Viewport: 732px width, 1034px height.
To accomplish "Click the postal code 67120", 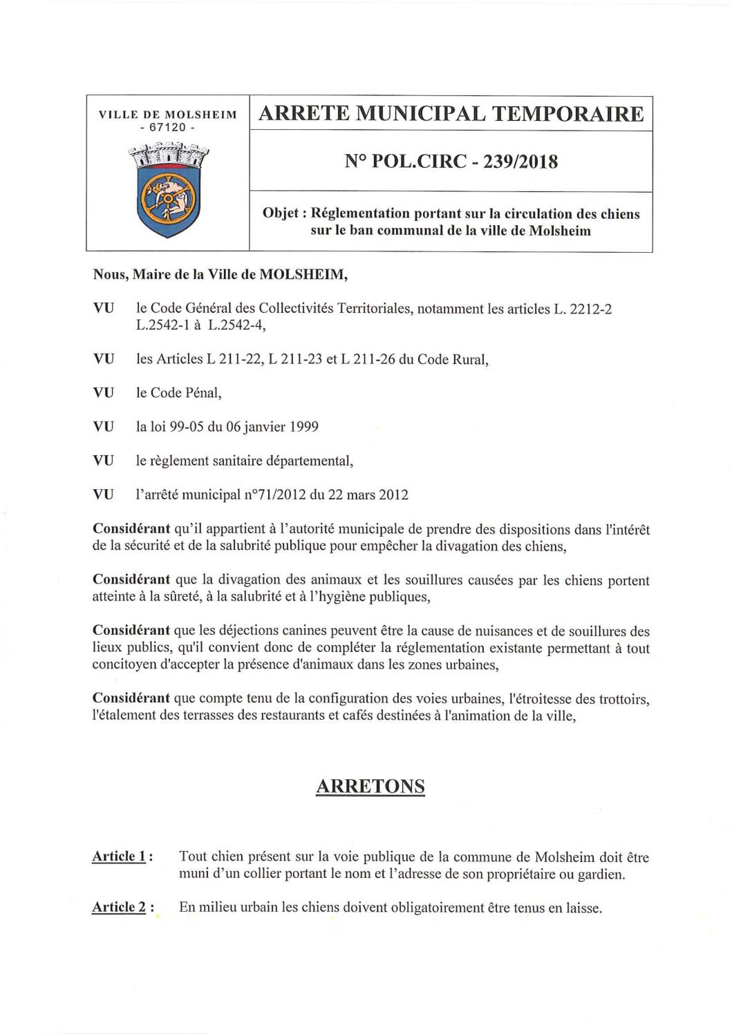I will [167, 128].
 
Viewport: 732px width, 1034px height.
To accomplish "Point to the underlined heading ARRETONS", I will [370, 786].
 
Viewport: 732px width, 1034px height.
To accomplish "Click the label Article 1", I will [119, 856].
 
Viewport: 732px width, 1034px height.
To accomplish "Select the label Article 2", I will [119, 908].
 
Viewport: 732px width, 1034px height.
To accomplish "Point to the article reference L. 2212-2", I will [583, 309].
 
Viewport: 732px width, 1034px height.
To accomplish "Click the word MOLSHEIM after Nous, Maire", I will [303, 274].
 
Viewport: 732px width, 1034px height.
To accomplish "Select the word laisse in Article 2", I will [582, 908].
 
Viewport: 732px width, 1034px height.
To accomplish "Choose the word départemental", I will [309, 461].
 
